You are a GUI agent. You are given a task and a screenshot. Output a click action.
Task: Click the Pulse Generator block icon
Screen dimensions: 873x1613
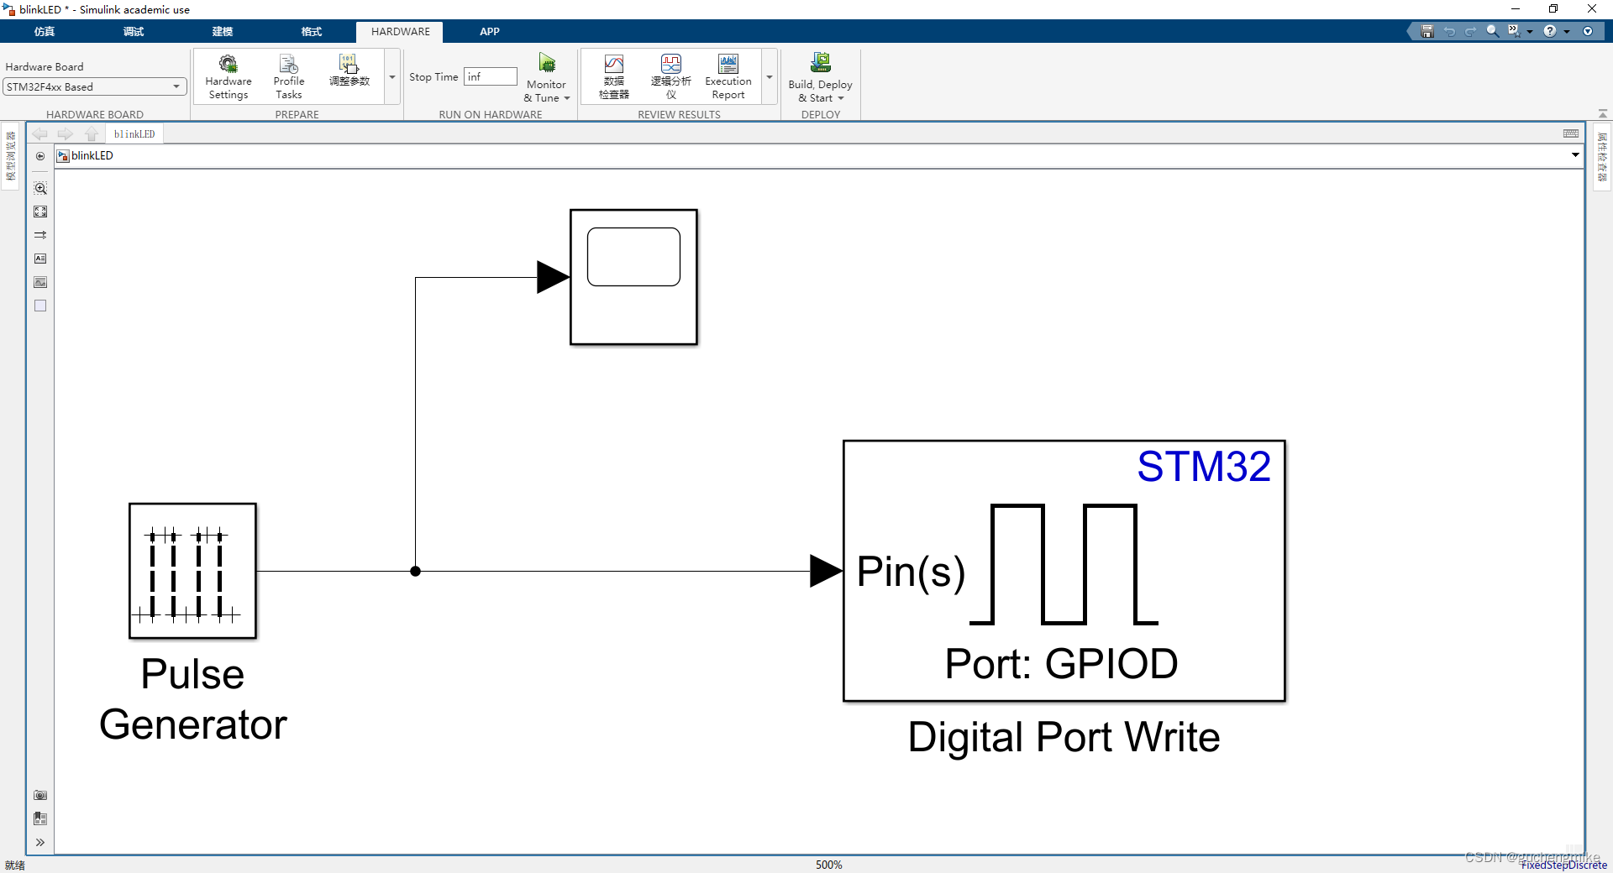tap(192, 571)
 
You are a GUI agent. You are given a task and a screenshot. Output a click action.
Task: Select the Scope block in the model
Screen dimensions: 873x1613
tap(633, 277)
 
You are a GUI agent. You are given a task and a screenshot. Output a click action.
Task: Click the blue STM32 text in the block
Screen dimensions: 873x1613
tap(1203, 467)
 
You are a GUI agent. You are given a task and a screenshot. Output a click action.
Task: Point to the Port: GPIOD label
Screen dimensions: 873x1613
tap(1061, 664)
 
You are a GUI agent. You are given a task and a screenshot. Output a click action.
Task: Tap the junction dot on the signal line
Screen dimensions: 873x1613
tap(415, 571)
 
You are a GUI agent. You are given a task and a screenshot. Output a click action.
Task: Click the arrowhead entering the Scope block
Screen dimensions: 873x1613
tap(553, 277)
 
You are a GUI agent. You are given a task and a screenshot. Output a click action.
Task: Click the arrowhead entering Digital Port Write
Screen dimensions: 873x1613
tap(825, 571)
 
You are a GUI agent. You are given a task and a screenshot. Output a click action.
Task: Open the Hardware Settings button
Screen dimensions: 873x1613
tap(229, 76)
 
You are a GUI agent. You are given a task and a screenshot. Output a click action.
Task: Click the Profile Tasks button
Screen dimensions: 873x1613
tap(288, 76)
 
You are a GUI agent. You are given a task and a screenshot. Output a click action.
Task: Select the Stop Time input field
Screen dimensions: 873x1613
tap(491, 76)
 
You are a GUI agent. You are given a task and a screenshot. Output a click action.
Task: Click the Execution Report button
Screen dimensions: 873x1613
tap(728, 76)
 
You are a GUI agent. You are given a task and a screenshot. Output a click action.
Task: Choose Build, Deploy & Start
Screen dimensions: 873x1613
tap(820, 76)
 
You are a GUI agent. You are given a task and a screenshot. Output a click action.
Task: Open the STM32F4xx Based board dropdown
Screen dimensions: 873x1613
tap(94, 86)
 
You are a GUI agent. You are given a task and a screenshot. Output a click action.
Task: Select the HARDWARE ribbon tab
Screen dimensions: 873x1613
tap(400, 32)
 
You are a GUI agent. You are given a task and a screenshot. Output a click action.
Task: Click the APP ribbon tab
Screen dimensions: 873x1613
tap(490, 32)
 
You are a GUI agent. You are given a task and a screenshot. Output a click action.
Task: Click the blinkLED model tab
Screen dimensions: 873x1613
tap(134, 134)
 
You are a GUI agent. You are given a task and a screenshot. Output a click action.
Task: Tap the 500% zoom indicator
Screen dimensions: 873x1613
tap(828, 865)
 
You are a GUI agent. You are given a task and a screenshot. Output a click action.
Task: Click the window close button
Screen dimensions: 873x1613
tap(1592, 9)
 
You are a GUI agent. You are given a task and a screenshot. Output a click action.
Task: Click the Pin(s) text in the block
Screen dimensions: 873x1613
tap(911, 572)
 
